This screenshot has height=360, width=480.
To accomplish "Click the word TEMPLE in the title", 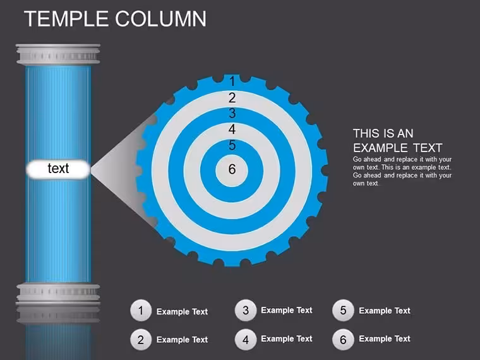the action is pyautogui.click(x=66, y=19).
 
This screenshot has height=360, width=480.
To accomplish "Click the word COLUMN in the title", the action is pyautogui.click(x=161, y=19).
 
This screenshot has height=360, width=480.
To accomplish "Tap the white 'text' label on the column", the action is pyautogui.click(x=58, y=169).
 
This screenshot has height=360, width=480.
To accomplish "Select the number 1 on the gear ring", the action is pyautogui.click(x=232, y=81).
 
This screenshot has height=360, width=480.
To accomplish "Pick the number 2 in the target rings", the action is pyautogui.click(x=232, y=98).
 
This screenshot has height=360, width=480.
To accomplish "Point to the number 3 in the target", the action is pyautogui.click(x=232, y=114).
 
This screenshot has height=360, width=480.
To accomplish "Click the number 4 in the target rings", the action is pyautogui.click(x=232, y=129).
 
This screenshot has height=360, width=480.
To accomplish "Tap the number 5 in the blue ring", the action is pyautogui.click(x=232, y=145).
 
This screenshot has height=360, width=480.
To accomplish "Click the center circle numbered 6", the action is pyautogui.click(x=232, y=170).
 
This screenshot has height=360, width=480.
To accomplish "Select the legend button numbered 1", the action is pyautogui.click(x=141, y=311).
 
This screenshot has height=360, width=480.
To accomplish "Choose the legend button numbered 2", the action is pyautogui.click(x=141, y=340).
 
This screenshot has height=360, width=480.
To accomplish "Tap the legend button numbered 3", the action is pyautogui.click(x=246, y=310).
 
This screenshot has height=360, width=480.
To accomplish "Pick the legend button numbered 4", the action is pyautogui.click(x=246, y=340).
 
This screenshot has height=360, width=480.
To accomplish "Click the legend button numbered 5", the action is pyautogui.click(x=343, y=310).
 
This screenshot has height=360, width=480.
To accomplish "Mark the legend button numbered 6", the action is pyautogui.click(x=343, y=339).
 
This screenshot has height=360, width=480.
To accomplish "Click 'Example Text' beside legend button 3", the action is pyautogui.click(x=287, y=310).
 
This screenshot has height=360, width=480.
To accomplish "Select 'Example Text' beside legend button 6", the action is pyautogui.click(x=385, y=339).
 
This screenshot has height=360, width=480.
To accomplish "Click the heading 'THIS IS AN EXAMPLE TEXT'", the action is pyautogui.click(x=398, y=141).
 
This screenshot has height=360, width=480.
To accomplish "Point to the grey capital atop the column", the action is pyautogui.click(x=58, y=54).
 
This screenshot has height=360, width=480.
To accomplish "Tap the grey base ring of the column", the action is pyautogui.click(x=58, y=294).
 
